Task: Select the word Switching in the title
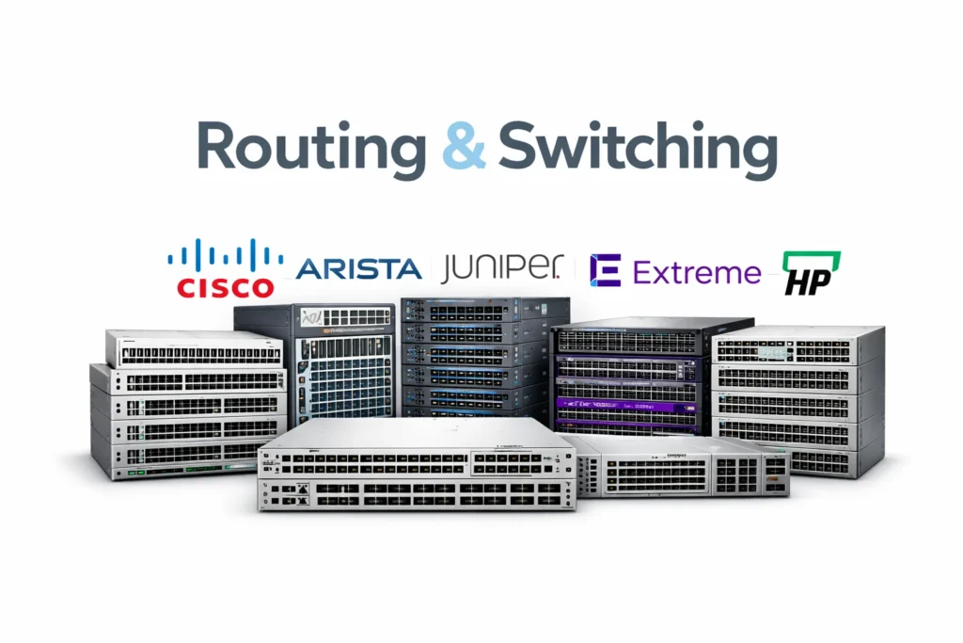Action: [638, 148]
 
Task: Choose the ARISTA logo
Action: [358, 269]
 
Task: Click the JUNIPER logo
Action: [506, 268]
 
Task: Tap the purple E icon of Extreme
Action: [605, 270]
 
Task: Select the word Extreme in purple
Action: [697, 273]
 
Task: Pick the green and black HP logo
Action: [812, 272]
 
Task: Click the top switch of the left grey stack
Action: [194, 348]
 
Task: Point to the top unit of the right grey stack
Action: [797, 345]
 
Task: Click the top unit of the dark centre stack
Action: [484, 311]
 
